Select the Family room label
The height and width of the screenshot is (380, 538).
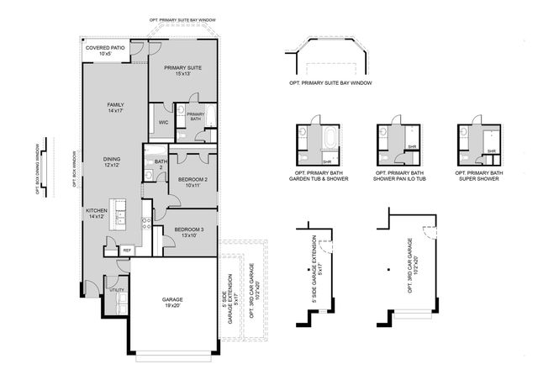[115, 108]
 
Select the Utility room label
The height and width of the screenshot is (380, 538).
[116, 290]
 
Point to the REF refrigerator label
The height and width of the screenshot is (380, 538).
[127, 250]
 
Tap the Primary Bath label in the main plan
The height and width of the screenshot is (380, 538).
[195, 117]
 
